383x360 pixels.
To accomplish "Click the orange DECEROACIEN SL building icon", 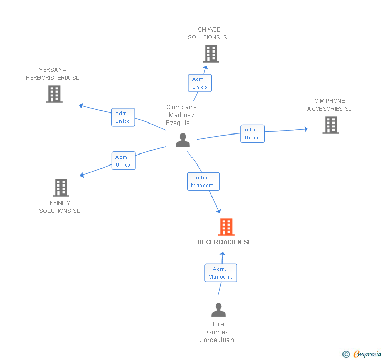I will (226, 227).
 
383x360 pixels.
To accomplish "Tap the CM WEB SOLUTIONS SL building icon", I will (210, 54).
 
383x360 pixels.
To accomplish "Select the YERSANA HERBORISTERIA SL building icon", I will (54, 94).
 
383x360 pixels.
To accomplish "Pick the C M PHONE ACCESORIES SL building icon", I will (330, 125).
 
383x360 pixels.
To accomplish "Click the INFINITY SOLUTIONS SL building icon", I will (61, 188).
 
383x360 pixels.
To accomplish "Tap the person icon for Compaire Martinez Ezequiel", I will (183, 140).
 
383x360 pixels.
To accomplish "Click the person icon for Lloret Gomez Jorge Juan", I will (218, 310).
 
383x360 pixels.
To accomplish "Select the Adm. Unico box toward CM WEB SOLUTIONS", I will (200, 83).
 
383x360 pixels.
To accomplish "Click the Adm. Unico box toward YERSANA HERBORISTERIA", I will (123, 117).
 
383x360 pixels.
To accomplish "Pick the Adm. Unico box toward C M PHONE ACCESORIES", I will (252, 133).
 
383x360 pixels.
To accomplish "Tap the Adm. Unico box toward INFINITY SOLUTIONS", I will (123, 161).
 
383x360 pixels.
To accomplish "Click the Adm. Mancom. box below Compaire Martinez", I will (204, 181).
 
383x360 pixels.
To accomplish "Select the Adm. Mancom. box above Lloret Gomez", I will (220, 273).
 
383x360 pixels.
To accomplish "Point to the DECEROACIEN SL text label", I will (225, 242).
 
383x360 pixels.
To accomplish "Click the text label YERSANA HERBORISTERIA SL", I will (53, 74).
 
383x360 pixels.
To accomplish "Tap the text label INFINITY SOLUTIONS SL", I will (59, 207).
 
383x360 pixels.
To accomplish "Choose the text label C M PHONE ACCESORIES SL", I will (329, 105).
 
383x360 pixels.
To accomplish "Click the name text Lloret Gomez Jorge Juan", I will (217, 332).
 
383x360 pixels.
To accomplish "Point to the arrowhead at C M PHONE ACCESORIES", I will (306, 129).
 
